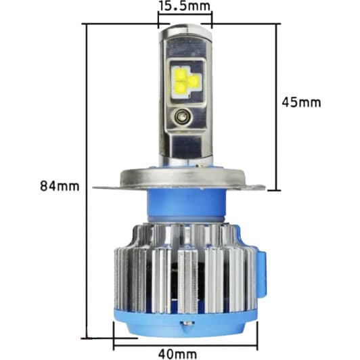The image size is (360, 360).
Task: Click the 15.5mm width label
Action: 184,7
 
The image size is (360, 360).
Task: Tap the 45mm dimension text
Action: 301,102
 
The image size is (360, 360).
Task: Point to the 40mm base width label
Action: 179,353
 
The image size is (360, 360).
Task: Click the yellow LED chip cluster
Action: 185,80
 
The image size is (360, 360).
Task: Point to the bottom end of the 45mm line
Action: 276,191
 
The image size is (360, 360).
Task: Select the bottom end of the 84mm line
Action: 84,336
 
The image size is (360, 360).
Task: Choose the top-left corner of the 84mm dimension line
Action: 84,24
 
